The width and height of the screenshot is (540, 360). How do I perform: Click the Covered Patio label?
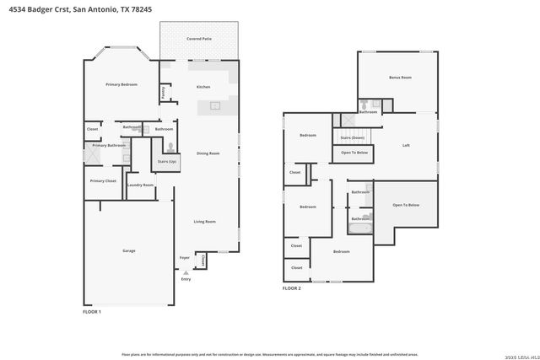[x=199, y=39]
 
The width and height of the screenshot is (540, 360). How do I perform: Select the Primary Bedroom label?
[x=121, y=85]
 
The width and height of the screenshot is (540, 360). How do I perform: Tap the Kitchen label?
[x=203, y=87]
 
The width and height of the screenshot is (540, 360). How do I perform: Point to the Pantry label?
[x=163, y=92]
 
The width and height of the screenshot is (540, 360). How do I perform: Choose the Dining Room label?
[x=208, y=153]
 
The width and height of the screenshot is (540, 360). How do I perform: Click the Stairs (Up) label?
[x=167, y=161]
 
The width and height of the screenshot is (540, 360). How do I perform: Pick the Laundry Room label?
[x=140, y=185]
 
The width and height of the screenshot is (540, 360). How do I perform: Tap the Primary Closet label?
[x=103, y=180]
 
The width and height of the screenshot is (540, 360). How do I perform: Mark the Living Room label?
[x=205, y=221]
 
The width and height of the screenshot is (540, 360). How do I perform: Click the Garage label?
[x=129, y=250]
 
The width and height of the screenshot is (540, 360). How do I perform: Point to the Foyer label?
[x=184, y=258]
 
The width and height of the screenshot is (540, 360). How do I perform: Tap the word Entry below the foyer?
[x=186, y=279]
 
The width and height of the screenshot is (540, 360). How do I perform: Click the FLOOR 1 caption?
[x=91, y=312]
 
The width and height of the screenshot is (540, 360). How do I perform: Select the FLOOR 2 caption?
[x=291, y=288]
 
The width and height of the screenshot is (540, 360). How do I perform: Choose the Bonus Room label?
[x=400, y=78]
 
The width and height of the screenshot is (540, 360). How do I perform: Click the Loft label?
[x=406, y=145]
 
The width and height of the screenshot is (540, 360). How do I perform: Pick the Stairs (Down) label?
[x=352, y=137]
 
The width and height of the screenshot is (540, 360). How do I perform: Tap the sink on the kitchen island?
[x=214, y=106]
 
